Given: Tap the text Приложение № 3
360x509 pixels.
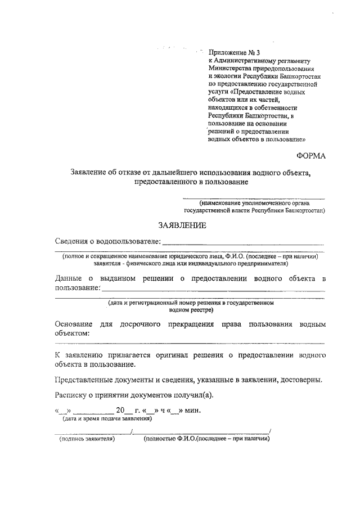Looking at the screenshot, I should click(x=230, y=51).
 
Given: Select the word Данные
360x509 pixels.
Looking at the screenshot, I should click(x=69, y=278).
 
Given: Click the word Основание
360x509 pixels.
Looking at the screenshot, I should click(x=74, y=324).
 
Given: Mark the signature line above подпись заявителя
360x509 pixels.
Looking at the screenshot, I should click(x=92, y=432).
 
